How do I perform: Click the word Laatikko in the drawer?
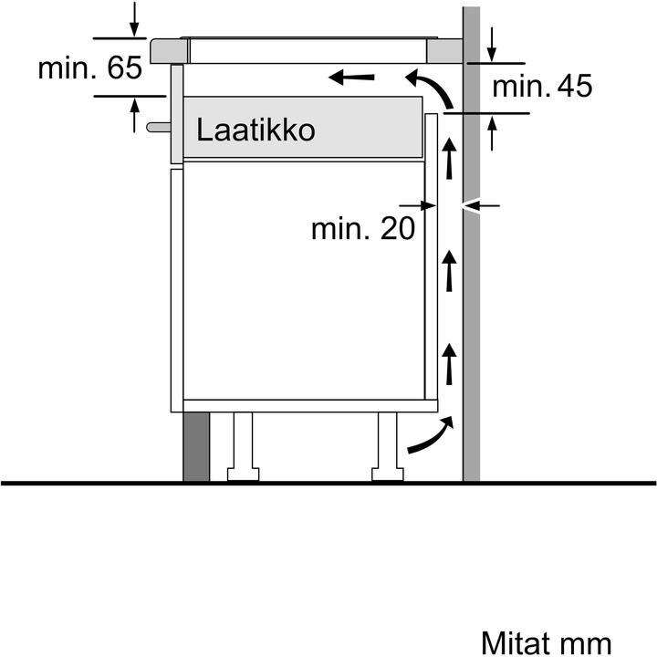point(255,130)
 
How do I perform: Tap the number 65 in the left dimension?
point(123,69)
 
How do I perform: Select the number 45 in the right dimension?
point(571,87)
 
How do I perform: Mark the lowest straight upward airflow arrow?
point(448,363)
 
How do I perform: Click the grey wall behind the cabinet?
point(471,274)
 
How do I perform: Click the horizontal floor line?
point(328,483)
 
